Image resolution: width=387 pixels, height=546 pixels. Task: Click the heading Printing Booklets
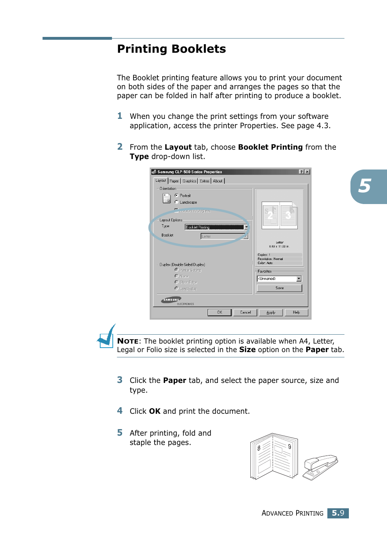click(171, 49)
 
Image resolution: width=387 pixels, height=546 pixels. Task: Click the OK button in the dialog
click(219, 312)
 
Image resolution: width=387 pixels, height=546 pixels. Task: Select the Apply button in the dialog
click(271, 312)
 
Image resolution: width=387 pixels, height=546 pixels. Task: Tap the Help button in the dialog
click(296, 312)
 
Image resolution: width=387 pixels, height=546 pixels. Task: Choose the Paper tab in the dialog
click(174, 181)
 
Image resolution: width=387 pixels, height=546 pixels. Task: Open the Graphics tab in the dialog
click(189, 181)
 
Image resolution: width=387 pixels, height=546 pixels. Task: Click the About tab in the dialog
click(218, 181)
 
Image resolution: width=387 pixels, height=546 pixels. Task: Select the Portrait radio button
click(176, 196)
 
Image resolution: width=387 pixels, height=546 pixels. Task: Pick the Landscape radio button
click(176, 202)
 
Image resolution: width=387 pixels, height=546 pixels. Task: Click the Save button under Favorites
click(279, 288)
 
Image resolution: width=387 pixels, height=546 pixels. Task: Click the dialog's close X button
click(307, 172)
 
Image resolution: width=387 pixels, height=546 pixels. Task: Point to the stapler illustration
click(320, 466)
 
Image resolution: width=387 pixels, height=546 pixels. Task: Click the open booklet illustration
click(274, 456)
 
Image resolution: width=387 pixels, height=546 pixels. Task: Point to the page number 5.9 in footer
click(338, 513)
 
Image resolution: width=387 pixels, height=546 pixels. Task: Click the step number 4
click(120, 411)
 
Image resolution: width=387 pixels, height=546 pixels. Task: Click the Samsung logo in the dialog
click(171, 300)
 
